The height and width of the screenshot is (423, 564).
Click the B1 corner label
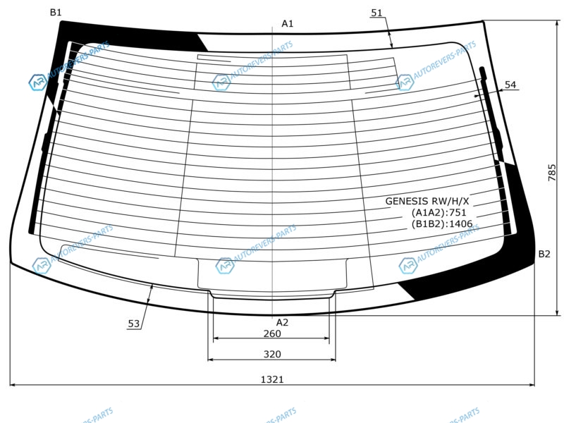tap(56, 13)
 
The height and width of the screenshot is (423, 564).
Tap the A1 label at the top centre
tap(288, 24)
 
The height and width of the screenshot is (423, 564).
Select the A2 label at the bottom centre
tap(283, 322)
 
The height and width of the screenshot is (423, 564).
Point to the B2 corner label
tap(544, 254)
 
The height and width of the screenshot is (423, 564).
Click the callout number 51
tap(376, 13)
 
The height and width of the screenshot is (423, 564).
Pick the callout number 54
tap(510, 85)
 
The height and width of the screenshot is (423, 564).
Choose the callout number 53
tap(134, 324)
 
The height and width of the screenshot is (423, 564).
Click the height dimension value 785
tap(552, 172)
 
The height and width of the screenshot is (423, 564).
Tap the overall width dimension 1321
tap(272, 379)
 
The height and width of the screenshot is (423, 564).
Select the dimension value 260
tap(272, 333)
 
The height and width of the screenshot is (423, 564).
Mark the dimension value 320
tap(272, 355)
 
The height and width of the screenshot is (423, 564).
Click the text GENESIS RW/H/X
tap(427, 201)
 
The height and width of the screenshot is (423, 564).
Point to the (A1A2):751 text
tap(439, 212)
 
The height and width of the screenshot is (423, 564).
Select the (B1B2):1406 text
tap(442, 223)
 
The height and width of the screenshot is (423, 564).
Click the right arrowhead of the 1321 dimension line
tap(532, 385)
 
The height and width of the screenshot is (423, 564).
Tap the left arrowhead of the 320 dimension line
tap(211, 360)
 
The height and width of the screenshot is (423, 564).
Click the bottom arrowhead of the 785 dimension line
tap(558, 312)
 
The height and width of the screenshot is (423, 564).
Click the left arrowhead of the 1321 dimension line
tap(13, 385)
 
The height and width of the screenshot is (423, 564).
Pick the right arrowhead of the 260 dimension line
tap(326, 338)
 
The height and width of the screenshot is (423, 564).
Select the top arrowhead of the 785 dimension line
tap(558, 24)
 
